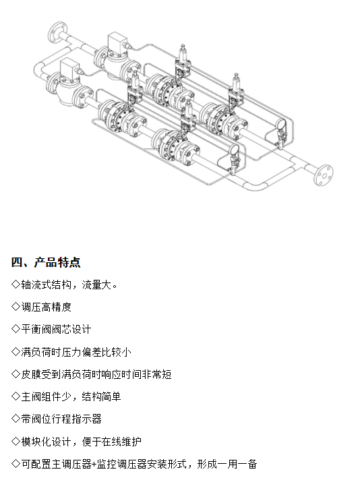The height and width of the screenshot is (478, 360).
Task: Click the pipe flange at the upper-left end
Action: pyautogui.click(x=56, y=32)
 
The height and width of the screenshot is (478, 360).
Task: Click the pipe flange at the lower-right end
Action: pyautogui.click(x=324, y=175)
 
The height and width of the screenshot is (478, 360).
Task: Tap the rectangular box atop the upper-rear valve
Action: pyautogui.click(x=117, y=42)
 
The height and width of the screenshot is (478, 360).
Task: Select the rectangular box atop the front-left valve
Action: pyautogui.click(x=69, y=69)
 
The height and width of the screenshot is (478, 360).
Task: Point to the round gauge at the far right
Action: pyautogui.click(x=280, y=124)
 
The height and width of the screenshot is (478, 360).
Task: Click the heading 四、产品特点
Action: pyautogui.click(x=46, y=262)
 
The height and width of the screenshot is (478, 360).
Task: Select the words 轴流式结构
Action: pyautogui.click(x=46, y=285)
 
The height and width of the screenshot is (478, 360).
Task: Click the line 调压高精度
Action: pyautogui.click(x=46, y=307)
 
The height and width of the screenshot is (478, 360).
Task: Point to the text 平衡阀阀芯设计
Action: pyautogui.click(x=56, y=330)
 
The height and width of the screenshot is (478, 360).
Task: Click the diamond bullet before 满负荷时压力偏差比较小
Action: pyautogui.click(x=16, y=352)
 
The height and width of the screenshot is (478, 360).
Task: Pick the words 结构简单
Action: pyautogui.click(x=101, y=396)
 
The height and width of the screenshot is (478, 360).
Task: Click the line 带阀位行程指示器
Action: pyautogui.click(x=61, y=419)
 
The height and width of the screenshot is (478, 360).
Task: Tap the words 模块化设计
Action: pyautogui.click(x=46, y=442)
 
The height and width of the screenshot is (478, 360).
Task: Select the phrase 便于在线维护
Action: pyautogui.click(x=111, y=442)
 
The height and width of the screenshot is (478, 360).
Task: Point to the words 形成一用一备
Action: pyautogui.click(x=227, y=464)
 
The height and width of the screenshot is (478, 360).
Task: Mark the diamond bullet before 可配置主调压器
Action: pyautogui.click(x=16, y=464)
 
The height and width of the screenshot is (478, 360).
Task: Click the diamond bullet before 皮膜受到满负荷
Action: pyautogui.click(x=16, y=374)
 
